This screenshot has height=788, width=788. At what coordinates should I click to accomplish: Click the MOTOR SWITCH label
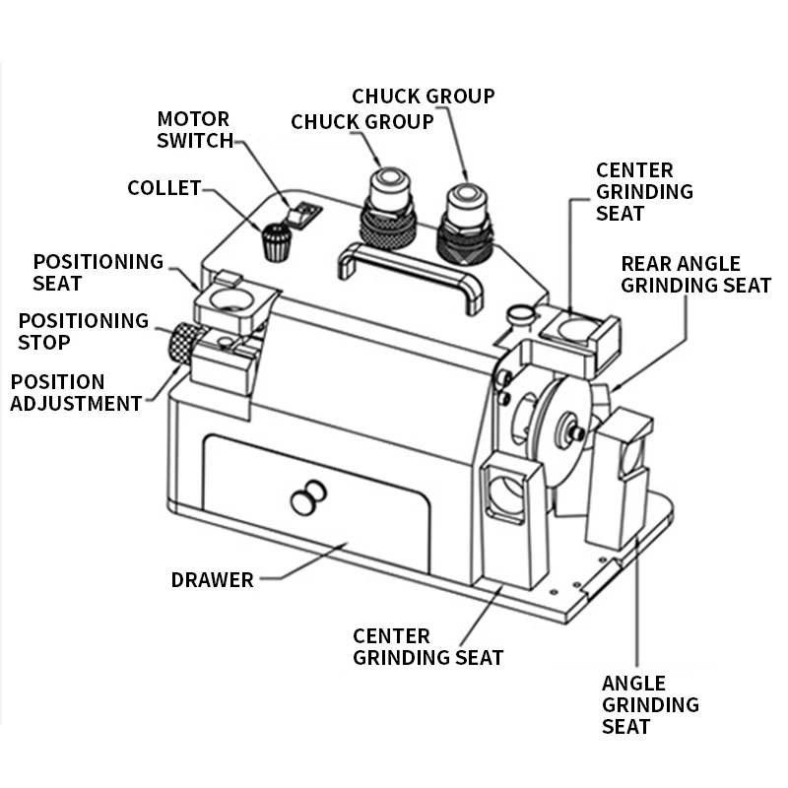point(195,130)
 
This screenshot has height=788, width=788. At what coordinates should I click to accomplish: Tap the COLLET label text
point(164,188)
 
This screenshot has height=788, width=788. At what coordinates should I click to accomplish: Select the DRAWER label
point(212,579)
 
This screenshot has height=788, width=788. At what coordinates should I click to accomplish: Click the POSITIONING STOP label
point(84,331)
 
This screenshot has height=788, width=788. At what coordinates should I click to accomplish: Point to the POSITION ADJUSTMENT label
point(76,392)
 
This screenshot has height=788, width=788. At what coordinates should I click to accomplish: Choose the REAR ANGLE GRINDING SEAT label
point(696,275)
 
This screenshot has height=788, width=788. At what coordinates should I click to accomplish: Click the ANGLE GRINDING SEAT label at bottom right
point(650,704)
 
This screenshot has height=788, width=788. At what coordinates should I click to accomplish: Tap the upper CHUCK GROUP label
point(424,96)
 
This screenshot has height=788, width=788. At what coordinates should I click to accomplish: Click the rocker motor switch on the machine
point(303,215)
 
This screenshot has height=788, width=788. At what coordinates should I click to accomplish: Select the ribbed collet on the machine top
point(276,242)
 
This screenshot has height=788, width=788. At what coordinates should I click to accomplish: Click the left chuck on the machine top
point(387,207)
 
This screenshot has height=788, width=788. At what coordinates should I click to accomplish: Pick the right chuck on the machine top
point(465,224)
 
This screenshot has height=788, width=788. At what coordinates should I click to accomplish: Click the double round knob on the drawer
point(308,497)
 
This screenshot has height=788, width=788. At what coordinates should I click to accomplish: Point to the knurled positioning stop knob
point(180,343)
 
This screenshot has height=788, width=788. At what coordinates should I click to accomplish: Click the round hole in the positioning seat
point(231,299)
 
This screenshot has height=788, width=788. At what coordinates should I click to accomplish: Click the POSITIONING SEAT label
point(98,273)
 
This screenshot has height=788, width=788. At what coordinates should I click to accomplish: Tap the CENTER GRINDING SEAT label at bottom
point(428,647)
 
